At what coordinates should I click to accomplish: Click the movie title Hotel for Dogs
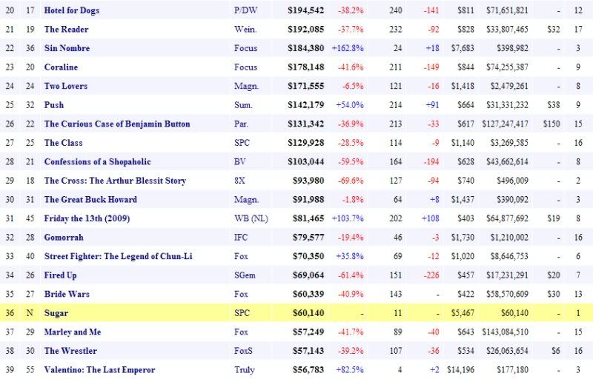point(72,10)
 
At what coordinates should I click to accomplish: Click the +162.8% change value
point(347,48)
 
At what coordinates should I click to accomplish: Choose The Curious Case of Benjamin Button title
point(117,124)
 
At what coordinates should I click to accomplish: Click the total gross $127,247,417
point(507,124)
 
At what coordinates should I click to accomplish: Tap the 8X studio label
point(239,181)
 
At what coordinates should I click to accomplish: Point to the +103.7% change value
point(347,218)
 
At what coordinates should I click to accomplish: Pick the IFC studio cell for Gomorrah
point(240,238)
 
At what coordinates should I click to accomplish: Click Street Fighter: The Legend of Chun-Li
point(118,256)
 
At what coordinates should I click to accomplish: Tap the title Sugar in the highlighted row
point(56,313)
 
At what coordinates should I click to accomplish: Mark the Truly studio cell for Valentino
point(244,369)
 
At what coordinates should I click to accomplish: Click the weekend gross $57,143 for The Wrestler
point(308,351)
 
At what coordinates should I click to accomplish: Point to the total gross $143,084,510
point(507,332)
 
